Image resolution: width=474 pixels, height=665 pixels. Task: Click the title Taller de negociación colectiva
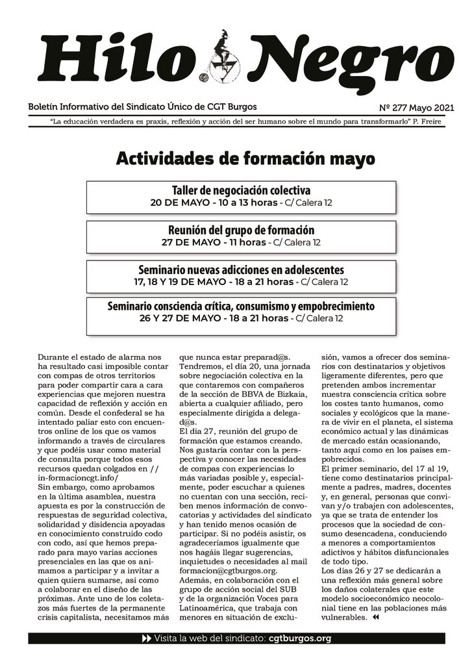tap(241, 190)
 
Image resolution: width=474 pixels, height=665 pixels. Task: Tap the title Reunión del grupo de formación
tap(241, 230)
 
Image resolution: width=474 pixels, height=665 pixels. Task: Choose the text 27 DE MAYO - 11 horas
tap(214, 242)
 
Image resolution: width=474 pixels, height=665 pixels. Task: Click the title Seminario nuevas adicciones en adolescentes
tap(241, 269)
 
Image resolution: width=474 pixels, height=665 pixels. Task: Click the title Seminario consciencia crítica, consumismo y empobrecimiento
tap(241, 305)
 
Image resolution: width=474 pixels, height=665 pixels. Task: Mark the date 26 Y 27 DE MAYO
tap(177, 318)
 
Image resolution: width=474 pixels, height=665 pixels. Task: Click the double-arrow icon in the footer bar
tap(146, 638)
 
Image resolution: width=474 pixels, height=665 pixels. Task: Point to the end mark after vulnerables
tap(375, 618)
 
